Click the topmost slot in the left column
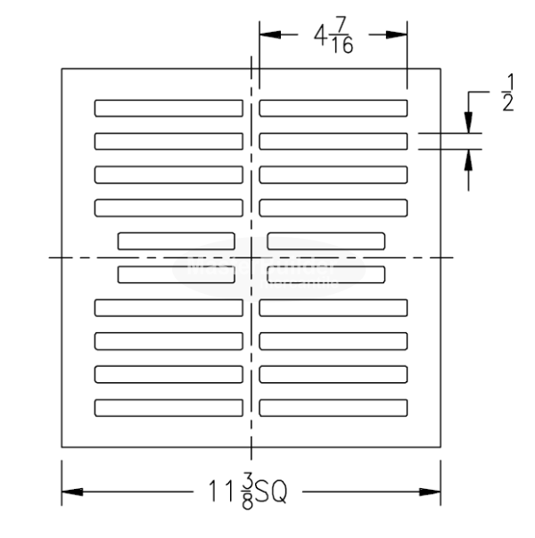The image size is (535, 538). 169,109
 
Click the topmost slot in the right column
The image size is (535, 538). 333,109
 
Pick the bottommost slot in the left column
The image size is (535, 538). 169,407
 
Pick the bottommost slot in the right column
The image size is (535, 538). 333,407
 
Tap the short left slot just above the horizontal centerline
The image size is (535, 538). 177,240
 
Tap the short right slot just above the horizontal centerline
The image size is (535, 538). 325,240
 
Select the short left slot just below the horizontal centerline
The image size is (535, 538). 177,274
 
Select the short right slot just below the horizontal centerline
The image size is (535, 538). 325,274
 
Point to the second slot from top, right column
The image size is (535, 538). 333,141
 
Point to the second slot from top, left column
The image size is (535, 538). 169,141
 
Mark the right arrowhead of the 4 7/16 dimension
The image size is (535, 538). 400,35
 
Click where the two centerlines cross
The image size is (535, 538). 251,257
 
